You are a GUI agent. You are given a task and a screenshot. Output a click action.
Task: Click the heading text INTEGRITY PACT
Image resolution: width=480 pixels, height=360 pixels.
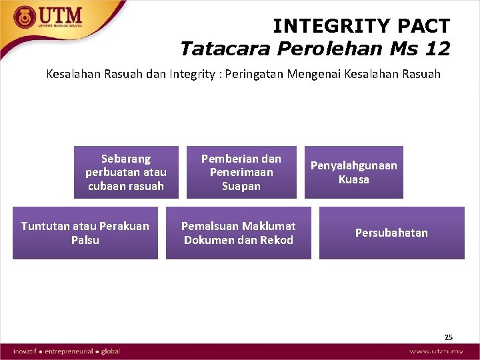pos(361,26)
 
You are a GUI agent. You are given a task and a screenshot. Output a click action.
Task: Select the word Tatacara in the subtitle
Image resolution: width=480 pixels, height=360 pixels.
pos(218,49)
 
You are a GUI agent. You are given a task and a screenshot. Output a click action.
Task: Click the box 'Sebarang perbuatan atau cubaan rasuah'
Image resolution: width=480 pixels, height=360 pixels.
pos(126,172)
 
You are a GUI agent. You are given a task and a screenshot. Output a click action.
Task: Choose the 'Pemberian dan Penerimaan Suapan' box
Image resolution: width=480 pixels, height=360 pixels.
pos(241,172)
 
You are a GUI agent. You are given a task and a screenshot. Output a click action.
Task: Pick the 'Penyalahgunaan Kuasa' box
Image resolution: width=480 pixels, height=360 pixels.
pos(354,172)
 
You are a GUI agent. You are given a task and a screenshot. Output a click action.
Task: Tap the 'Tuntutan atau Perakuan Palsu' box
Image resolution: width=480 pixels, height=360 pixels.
pos(85,233)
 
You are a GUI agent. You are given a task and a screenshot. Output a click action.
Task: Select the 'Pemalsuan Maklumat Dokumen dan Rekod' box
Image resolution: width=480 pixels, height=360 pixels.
pos(239,233)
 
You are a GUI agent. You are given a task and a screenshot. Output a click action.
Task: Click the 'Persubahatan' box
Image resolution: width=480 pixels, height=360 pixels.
pos(391,233)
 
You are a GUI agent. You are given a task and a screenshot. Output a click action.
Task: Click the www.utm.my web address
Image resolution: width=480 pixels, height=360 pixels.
pos(436,351)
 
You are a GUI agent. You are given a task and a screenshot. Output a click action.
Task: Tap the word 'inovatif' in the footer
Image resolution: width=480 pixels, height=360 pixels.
pos(27,351)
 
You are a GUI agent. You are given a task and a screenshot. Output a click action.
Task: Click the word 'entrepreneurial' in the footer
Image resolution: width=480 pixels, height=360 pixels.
pos(69,351)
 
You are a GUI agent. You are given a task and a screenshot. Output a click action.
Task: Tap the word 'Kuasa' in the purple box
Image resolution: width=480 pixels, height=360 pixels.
pos(353,179)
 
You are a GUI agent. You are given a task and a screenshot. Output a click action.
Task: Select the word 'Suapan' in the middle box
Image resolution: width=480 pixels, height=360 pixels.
pos(241,186)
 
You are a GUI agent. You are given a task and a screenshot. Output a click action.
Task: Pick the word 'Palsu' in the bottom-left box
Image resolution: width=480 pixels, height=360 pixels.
pos(85,240)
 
